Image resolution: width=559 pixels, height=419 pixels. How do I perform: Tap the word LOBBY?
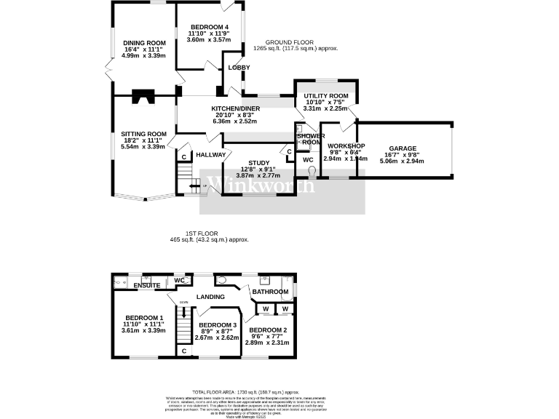239,68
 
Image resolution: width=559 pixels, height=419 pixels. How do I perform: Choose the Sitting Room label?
143,135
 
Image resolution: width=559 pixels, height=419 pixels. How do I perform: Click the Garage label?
403,146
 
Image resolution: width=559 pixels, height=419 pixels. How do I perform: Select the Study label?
259,163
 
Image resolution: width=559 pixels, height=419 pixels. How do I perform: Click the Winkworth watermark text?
263,184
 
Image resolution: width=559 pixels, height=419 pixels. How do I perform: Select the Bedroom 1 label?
143,318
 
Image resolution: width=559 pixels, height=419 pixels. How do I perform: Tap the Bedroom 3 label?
218,325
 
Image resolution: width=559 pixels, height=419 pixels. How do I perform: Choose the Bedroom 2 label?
268,330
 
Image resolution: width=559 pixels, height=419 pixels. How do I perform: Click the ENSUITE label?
146,286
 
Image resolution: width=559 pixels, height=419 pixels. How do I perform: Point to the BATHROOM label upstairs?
271,292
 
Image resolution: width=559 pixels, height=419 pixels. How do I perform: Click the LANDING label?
210,297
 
